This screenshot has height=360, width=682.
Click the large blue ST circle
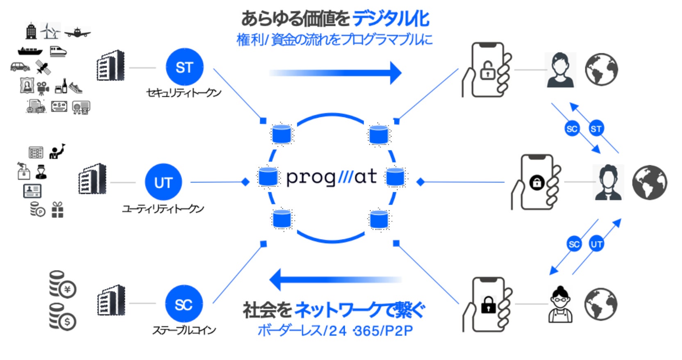[184, 67]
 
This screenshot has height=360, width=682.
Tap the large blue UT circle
[163, 182]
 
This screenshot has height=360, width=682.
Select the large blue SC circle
[184, 304]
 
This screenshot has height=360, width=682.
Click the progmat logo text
[331, 177]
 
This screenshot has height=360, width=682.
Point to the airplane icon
[77, 32]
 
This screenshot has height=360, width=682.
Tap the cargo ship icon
[30, 51]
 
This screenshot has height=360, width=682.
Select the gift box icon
[57, 210]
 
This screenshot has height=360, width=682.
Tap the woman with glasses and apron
[560, 304]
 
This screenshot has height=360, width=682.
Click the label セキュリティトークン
[184, 93]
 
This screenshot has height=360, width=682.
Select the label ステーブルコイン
[184, 330]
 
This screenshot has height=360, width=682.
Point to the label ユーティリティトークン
[163, 209]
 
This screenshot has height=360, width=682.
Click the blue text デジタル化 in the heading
[390, 18]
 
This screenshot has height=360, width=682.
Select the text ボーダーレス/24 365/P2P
[335, 330]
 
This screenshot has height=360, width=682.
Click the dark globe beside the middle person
[649, 182]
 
